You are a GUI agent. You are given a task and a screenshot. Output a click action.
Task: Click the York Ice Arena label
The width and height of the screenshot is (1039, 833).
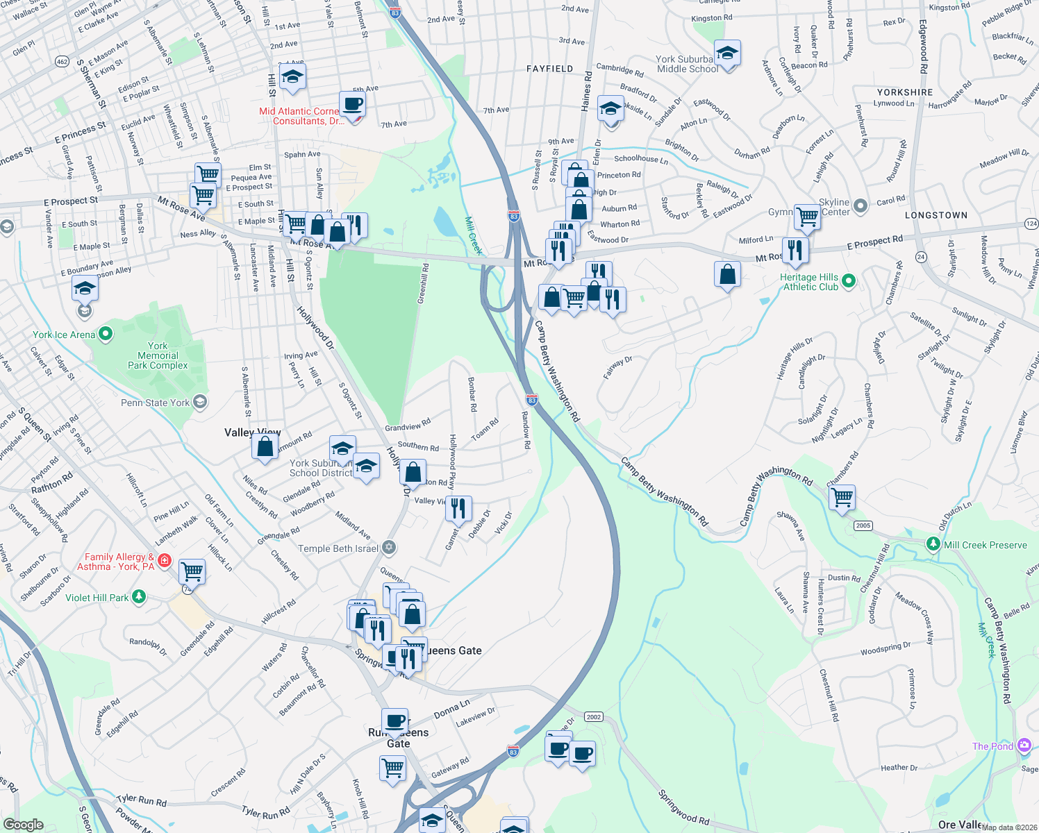pyautogui.click(x=64, y=335)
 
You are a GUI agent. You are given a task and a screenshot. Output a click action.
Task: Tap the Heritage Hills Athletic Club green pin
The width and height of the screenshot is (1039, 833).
pyautogui.click(x=848, y=281)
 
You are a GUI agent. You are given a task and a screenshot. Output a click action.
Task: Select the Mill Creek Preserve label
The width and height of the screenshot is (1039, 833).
pyautogui.click(x=985, y=545)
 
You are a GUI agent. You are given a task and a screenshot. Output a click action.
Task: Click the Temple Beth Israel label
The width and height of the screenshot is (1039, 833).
pyautogui.click(x=338, y=548)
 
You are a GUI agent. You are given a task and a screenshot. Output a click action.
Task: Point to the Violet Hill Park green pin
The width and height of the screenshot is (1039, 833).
pyautogui.click(x=139, y=597)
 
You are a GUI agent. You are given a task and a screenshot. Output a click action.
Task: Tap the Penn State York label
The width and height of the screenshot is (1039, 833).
pyautogui.click(x=155, y=403)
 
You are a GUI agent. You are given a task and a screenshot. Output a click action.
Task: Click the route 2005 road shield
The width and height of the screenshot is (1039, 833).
pyautogui.click(x=863, y=525)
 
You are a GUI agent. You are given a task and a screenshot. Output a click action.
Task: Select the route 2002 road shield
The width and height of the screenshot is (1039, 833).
pyautogui.click(x=593, y=717)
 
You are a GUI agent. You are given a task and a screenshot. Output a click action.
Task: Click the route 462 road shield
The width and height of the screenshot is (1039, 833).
pyautogui.click(x=62, y=62)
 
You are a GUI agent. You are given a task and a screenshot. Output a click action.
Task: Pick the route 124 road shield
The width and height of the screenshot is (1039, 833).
pyautogui.click(x=1031, y=224)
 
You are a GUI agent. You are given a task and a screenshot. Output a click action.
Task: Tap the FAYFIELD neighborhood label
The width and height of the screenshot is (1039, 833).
pyautogui.click(x=549, y=69)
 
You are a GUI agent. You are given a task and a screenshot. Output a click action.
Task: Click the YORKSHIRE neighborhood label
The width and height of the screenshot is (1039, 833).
pyautogui.click(x=904, y=92)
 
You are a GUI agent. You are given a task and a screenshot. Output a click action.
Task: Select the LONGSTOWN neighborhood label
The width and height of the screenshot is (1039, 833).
pyautogui.click(x=936, y=215)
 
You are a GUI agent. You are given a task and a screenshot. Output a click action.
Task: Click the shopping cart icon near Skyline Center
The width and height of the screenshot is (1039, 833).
pyautogui.click(x=807, y=217)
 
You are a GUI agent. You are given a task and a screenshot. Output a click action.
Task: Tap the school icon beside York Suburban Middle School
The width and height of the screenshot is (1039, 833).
pyautogui.click(x=727, y=53)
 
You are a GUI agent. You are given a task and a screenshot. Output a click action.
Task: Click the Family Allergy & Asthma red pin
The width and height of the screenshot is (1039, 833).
pyautogui.click(x=165, y=559)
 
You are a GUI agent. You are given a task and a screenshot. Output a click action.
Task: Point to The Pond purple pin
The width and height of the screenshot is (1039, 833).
pyautogui.click(x=1024, y=746)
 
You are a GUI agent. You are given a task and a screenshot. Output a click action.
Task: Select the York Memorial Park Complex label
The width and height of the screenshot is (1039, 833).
pyautogui.click(x=158, y=355)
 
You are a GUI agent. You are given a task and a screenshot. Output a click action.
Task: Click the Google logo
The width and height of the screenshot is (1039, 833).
pyautogui.click(x=23, y=824)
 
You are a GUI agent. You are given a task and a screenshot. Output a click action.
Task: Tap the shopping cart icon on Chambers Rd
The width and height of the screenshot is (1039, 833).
pyautogui.click(x=842, y=497)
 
